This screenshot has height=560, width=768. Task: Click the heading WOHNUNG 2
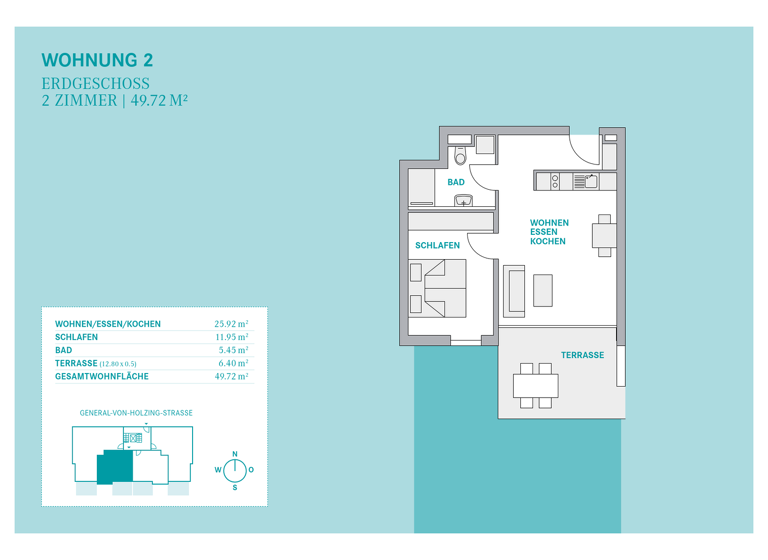[97, 60]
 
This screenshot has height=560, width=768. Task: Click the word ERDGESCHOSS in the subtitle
[96, 83]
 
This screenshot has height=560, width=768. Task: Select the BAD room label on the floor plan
[456, 182]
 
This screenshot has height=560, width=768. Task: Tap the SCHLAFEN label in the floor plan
[437, 245]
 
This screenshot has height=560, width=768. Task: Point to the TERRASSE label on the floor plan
[582, 355]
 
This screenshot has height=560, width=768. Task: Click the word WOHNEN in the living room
[549, 223]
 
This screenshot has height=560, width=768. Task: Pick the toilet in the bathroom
[460, 156]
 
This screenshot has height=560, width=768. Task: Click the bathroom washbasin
[463, 200]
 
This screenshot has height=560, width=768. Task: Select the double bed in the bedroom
[444, 288]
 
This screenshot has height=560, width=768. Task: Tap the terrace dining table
[535, 385]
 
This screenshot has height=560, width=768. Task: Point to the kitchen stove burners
[556, 181]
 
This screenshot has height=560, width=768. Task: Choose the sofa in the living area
[514, 290]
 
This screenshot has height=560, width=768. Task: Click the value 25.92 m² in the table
[231, 324]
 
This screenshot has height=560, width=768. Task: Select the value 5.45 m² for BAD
[233, 350]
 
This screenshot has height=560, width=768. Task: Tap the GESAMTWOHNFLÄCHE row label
[101, 377]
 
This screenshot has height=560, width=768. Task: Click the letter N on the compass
[235, 454]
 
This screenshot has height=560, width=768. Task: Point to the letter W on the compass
[218, 470]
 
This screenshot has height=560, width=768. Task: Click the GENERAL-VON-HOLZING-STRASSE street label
[136, 412]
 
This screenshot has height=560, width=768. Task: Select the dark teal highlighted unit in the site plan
[115, 467]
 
